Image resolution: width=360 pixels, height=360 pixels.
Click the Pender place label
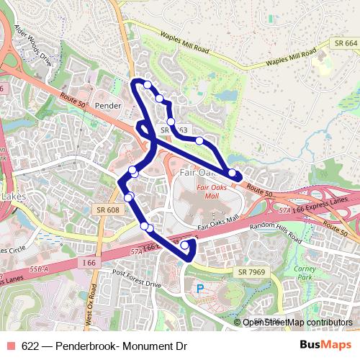(x=108, y=105)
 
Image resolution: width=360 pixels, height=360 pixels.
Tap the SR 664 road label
(x=346, y=43)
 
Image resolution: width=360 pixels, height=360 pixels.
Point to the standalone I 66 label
(x=89, y=264)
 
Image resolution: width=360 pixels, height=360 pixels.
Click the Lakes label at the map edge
(x=12, y=196)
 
